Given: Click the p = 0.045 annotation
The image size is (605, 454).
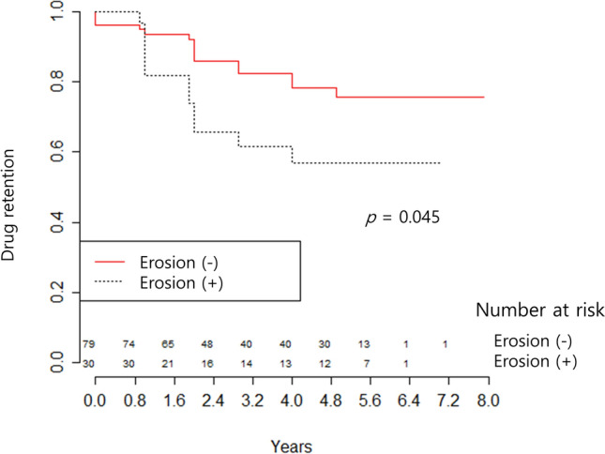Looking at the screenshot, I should (x=402, y=218).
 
